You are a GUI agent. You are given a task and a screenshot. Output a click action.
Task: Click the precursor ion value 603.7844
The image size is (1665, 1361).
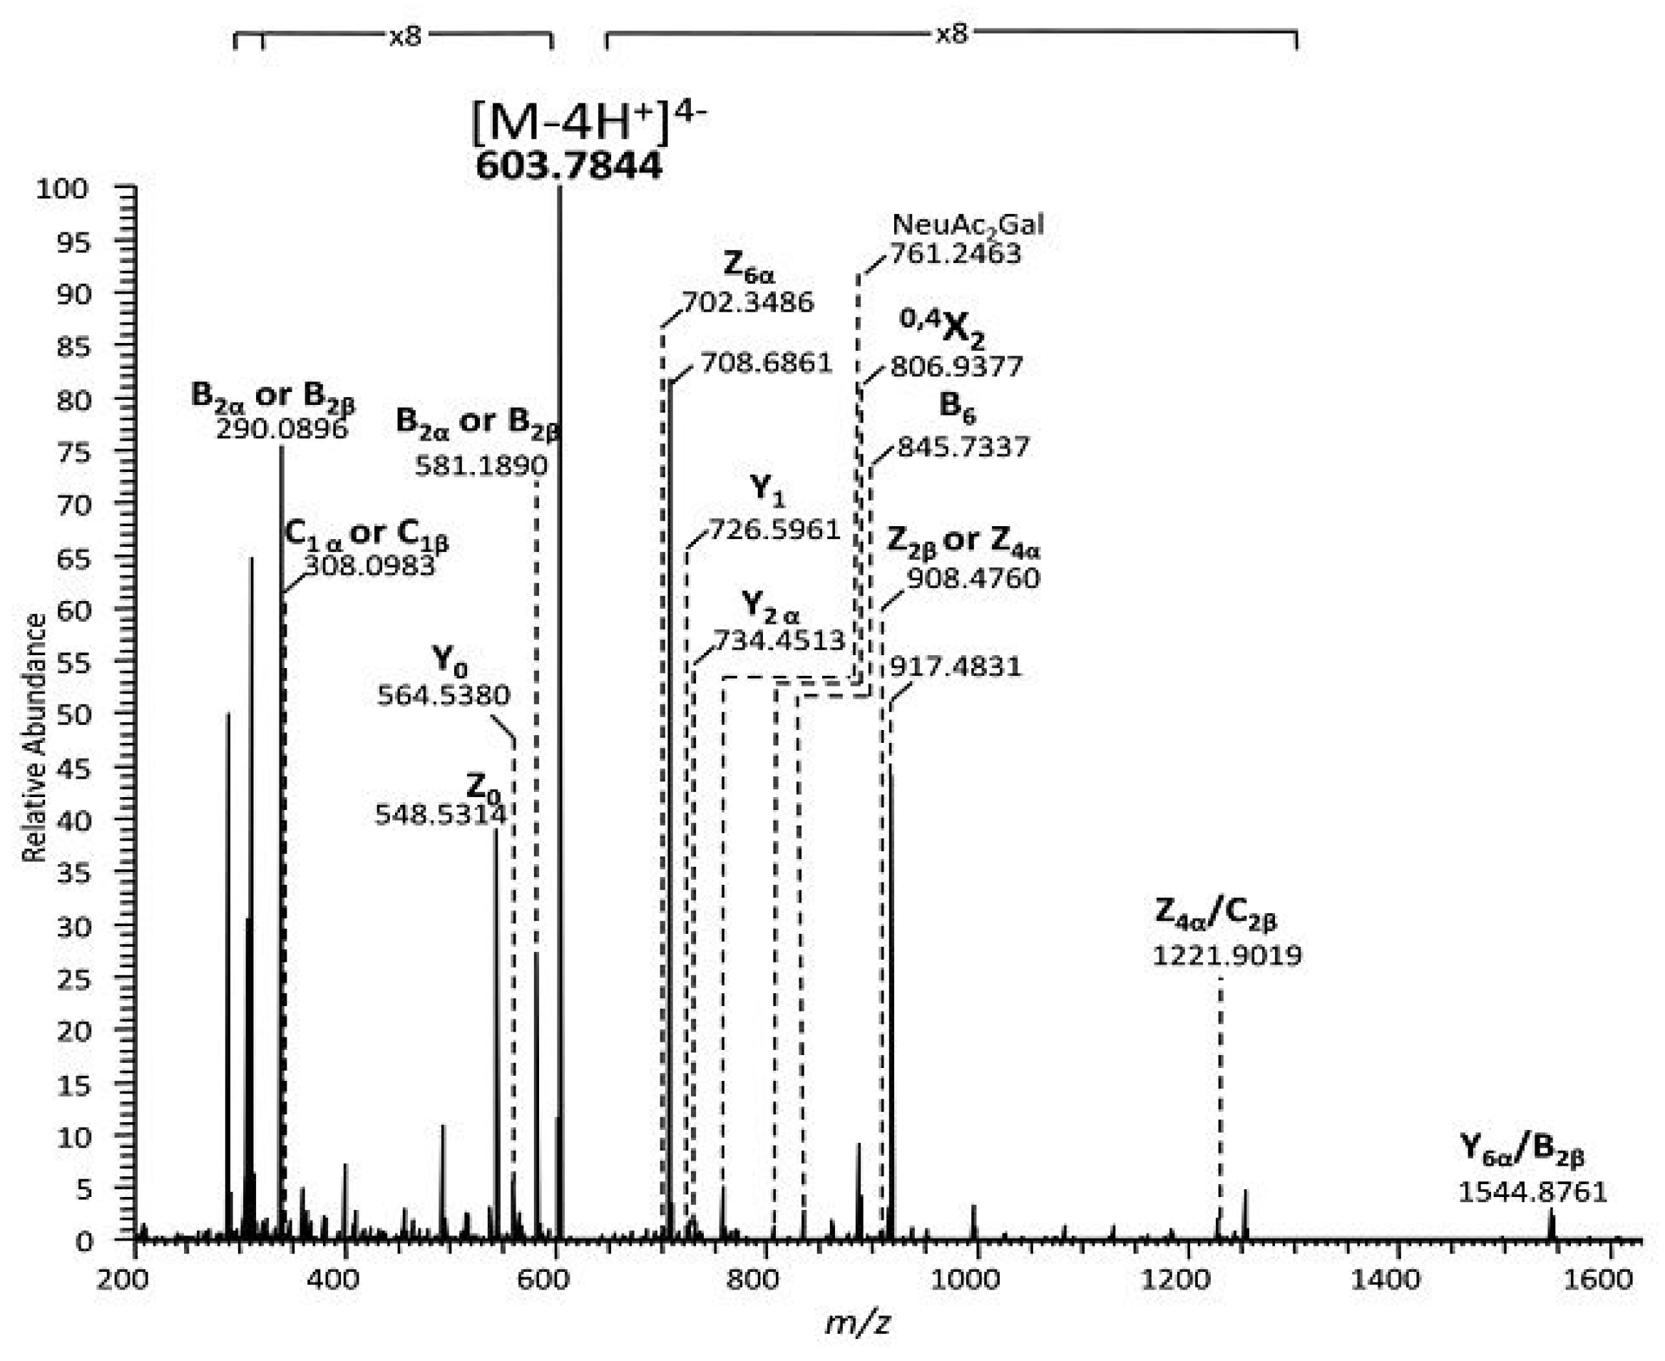click(568, 166)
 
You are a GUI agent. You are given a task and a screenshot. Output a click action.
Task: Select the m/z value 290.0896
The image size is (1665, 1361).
click(282, 429)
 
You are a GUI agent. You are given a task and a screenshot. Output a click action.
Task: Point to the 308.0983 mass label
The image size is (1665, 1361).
click(369, 565)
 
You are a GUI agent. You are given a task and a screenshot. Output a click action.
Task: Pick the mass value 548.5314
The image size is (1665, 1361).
click(441, 815)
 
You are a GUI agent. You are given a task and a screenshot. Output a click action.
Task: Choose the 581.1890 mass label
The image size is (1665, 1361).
click(481, 466)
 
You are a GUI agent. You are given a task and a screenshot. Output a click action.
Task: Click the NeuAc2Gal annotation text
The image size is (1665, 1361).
click(968, 226)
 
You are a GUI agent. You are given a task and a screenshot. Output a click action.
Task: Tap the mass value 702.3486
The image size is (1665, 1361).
click(748, 302)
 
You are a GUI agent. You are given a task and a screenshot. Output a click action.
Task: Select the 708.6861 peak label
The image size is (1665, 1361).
click(766, 363)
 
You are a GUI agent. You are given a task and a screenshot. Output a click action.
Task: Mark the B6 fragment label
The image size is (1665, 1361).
click(957, 407)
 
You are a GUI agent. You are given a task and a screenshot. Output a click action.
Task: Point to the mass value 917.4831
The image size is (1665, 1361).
click(956, 667)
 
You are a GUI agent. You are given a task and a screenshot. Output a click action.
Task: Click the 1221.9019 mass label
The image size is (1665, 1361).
click(1226, 955)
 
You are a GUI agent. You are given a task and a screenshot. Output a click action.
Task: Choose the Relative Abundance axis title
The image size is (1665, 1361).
click(34, 738)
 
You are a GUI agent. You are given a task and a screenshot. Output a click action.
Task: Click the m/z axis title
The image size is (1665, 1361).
click(858, 1324)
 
